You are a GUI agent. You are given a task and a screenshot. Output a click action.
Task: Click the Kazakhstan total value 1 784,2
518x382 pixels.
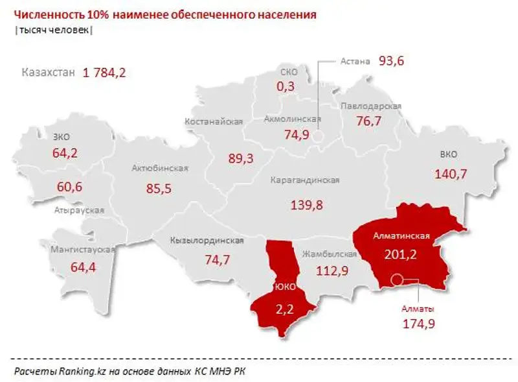tap(104, 73)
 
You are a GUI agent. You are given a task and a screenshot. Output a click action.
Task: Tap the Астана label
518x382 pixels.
tap(355, 62)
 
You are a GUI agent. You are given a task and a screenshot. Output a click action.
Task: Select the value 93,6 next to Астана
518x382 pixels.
tap(390, 61)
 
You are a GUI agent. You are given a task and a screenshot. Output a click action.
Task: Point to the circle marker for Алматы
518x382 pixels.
tap(398, 280)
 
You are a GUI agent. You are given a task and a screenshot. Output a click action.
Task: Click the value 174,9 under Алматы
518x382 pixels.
tap(418, 324)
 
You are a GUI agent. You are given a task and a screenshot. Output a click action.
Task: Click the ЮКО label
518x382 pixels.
tap(285, 286)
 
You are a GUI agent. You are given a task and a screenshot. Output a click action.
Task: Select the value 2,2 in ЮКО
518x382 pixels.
tap(285, 309)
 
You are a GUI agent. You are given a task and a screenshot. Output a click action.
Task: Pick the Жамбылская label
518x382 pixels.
tap(330, 254)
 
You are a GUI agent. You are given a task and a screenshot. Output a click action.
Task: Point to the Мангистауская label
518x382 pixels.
tap(84, 250)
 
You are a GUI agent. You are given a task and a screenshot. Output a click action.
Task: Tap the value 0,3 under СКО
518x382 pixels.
tap(286, 86)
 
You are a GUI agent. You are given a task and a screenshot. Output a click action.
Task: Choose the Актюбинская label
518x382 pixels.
tap(159, 169)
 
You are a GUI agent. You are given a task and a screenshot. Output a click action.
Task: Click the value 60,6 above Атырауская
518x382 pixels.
tap(69, 187)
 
